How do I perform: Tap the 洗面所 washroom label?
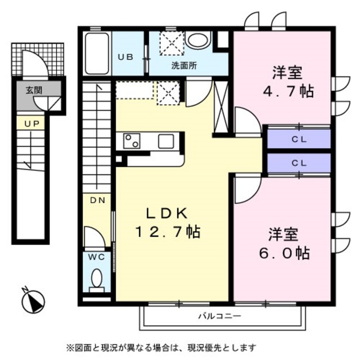tap(184, 65)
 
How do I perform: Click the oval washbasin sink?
tap(197, 40)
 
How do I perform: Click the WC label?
tap(97, 257)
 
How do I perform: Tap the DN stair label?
tap(96, 200)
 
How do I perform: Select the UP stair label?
tap(31, 122)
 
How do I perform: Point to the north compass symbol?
tap(33, 301)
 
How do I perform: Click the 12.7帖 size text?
tap(167, 231)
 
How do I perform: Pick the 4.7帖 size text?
tap(288, 91)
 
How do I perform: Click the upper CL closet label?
tap(299, 138)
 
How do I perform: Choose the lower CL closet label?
tap(299, 163)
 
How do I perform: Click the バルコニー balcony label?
tap(219, 317)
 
